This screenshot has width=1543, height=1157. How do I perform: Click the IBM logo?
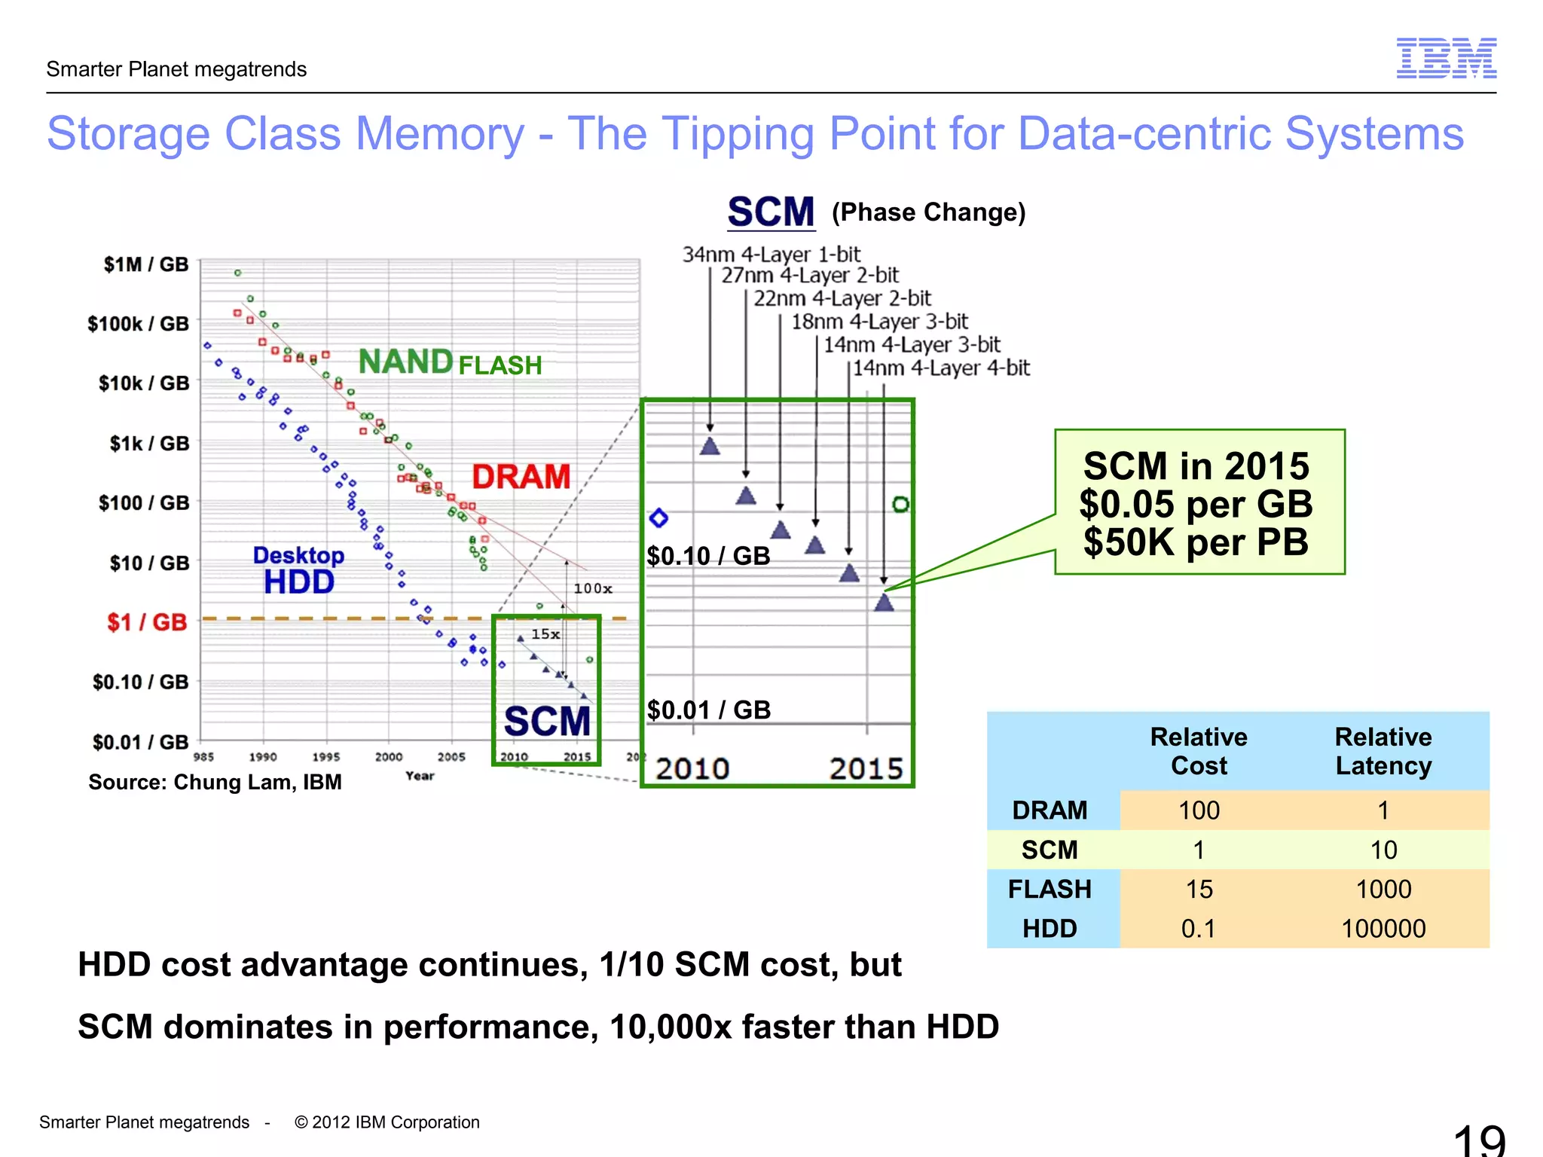pyautogui.click(x=1446, y=58)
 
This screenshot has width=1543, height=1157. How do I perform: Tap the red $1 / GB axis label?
pyautogui.click(x=147, y=622)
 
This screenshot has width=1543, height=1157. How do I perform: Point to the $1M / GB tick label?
pyautogui.click(x=146, y=264)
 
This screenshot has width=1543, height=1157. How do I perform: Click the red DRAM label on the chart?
pyautogui.click(x=521, y=477)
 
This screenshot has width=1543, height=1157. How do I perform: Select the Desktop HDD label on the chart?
pyautogui.click(x=298, y=571)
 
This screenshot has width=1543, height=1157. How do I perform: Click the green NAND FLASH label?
pyautogui.click(x=450, y=363)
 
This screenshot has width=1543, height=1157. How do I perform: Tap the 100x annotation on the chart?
pyautogui.click(x=593, y=588)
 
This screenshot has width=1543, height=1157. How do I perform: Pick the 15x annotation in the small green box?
pyautogui.click(x=545, y=634)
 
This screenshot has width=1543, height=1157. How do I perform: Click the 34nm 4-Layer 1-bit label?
pyautogui.click(x=771, y=255)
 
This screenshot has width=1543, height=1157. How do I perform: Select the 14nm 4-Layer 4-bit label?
pyautogui.click(x=941, y=368)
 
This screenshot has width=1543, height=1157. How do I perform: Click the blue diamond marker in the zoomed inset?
pyautogui.click(x=658, y=518)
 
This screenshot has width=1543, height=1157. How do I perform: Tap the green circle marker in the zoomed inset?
pyautogui.click(x=900, y=504)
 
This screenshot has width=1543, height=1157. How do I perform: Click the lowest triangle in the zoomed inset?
pyautogui.click(x=884, y=603)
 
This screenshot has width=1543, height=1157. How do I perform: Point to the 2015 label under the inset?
pyautogui.click(x=866, y=769)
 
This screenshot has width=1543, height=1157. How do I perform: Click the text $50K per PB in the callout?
pyautogui.click(x=1196, y=542)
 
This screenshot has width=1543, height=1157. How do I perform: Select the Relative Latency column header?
pyautogui.click(x=1383, y=751)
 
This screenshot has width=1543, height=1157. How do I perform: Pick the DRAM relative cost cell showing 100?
pyautogui.click(x=1199, y=811)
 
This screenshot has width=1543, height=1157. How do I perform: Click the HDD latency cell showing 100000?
pyautogui.click(x=1383, y=929)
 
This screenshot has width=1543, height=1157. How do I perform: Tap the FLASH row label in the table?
pyautogui.click(x=1050, y=890)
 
